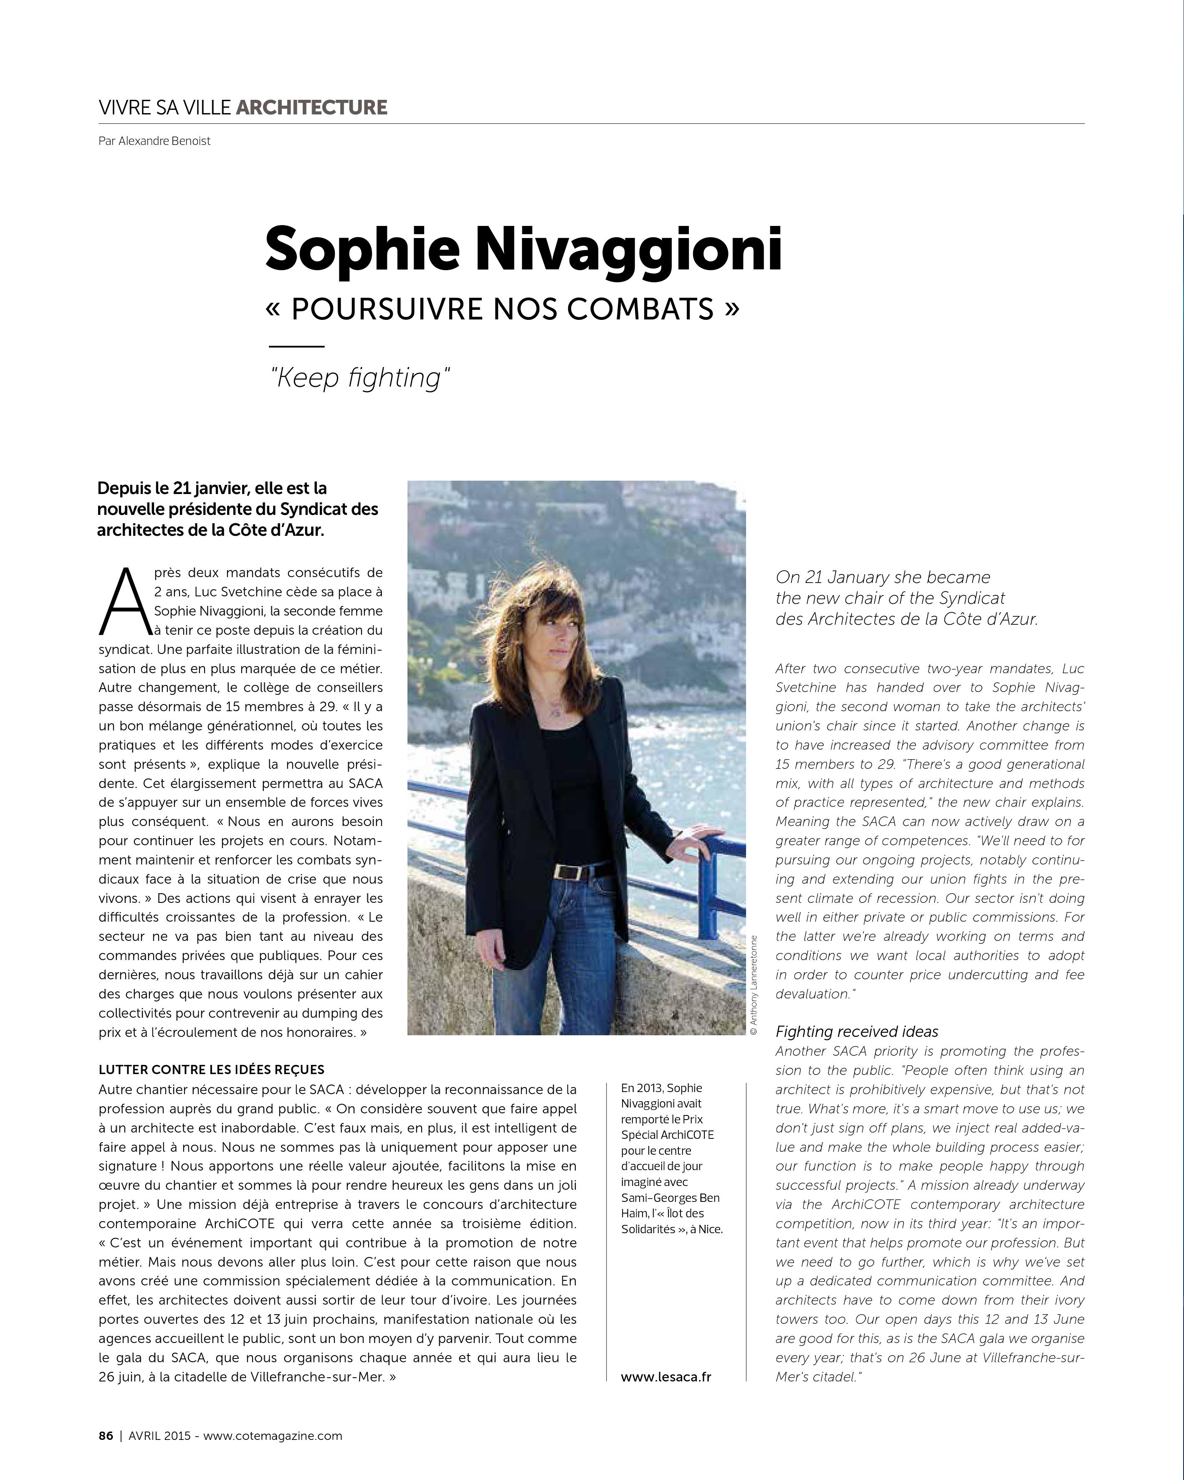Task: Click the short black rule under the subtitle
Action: [x=296, y=347]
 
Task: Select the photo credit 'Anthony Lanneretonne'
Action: [x=754, y=986]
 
